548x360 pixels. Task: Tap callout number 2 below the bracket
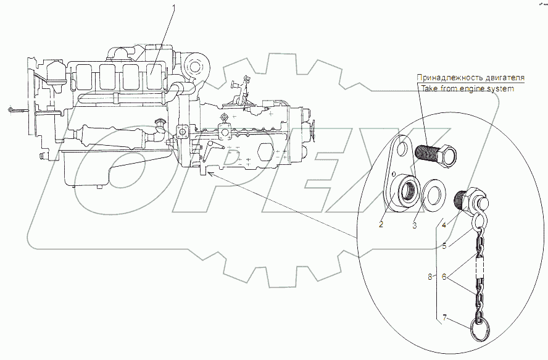click(x=381, y=224)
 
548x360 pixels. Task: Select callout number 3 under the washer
click(x=414, y=225)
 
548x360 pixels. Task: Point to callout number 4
click(x=444, y=225)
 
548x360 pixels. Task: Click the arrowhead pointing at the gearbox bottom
click(x=209, y=174)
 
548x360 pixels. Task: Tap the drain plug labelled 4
click(x=470, y=199)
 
